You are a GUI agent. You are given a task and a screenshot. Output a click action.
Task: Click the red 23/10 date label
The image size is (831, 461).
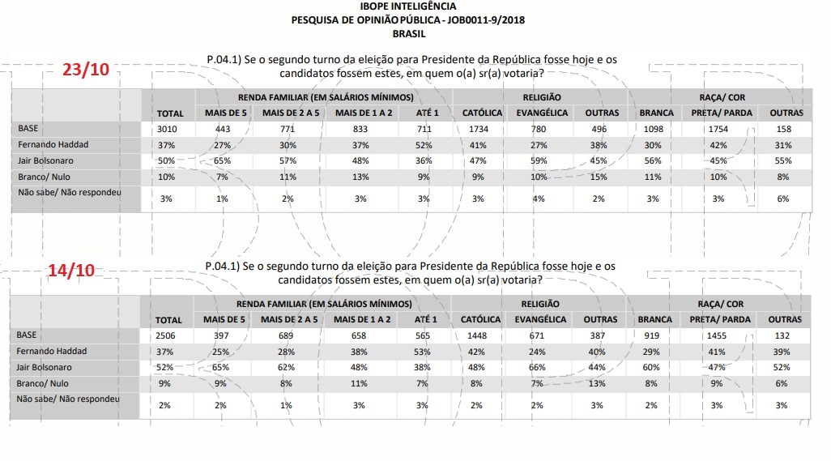point(85,69)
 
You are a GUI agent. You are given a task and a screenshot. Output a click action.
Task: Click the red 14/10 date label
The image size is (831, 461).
point(72,271)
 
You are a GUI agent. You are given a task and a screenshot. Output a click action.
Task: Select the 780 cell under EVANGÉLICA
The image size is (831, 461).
point(542,129)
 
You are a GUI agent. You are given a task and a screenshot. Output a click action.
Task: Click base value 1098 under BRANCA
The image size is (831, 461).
point(655,129)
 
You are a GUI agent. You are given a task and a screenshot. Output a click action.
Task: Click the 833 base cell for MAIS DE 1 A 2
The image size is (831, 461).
point(363,129)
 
